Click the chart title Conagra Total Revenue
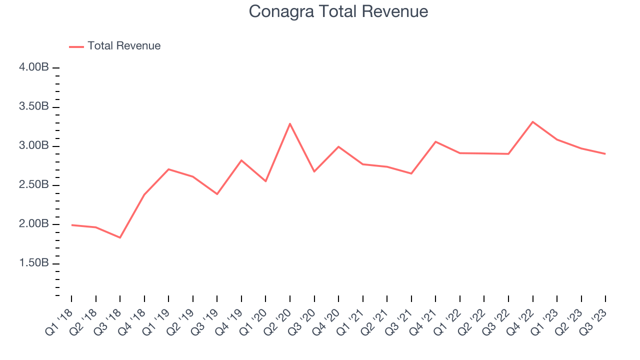(x=338, y=11)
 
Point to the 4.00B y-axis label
(x=34, y=67)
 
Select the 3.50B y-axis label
(x=34, y=107)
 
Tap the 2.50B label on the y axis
(x=34, y=185)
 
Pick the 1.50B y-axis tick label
(x=34, y=263)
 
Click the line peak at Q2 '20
(x=290, y=123)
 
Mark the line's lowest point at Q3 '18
(x=120, y=237)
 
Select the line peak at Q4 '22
(x=533, y=121)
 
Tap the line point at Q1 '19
(x=168, y=169)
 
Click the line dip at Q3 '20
(x=314, y=171)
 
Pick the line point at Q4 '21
(x=435, y=141)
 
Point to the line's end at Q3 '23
(x=605, y=153)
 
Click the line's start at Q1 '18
(x=71, y=225)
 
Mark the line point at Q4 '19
(x=241, y=160)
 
